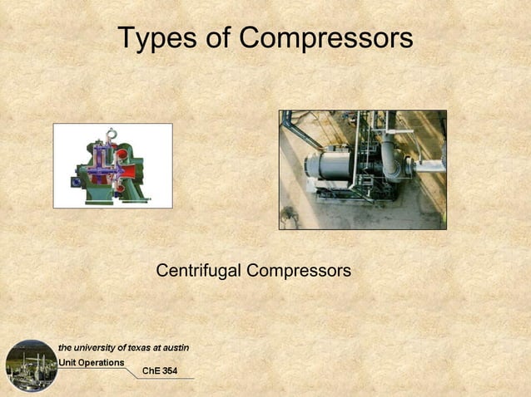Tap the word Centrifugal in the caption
click(198, 271)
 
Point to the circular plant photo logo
click(32, 365)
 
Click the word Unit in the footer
click(67, 362)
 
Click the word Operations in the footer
click(100, 362)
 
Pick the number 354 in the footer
click(169, 370)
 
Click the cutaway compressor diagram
click(112, 165)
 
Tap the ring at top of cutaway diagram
click(112, 131)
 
